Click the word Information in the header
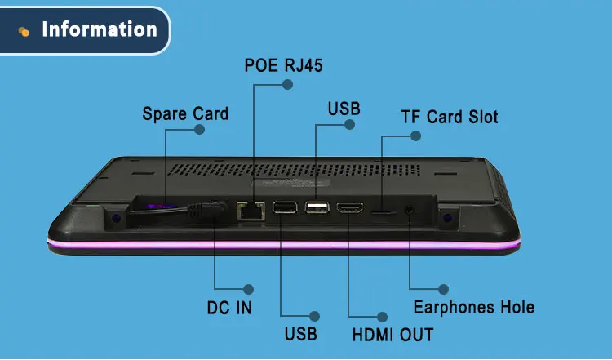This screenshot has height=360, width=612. pyautogui.click(x=99, y=30)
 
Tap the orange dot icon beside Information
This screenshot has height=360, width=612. pyautogui.click(x=24, y=31)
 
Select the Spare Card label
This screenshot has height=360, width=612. pyautogui.click(x=185, y=113)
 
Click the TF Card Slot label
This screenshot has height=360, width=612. pyautogui.click(x=449, y=117)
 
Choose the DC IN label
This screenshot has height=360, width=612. pyautogui.click(x=228, y=307)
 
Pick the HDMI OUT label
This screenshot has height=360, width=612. pyautogui.click(x=392, y=334)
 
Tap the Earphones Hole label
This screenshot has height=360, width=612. pyautogui.click(x=473, y=307)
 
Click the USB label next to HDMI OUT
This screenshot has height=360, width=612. pyautogui.click(x=300, y=333)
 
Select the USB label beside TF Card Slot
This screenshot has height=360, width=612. pyautogui.click(x=344, y=109)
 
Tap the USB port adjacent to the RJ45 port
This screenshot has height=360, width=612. pyautogui.click(x=285, y=209)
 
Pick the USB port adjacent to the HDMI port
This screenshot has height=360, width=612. pyautogui.click(x=318, y=208)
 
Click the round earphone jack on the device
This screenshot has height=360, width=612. pyautogui.click(x=408, y=210)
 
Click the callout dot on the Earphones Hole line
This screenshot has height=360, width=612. pyautogui.click(x=443, y=289)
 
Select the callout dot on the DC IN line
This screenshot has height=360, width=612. pyautogui.click(x=249, y=289)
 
